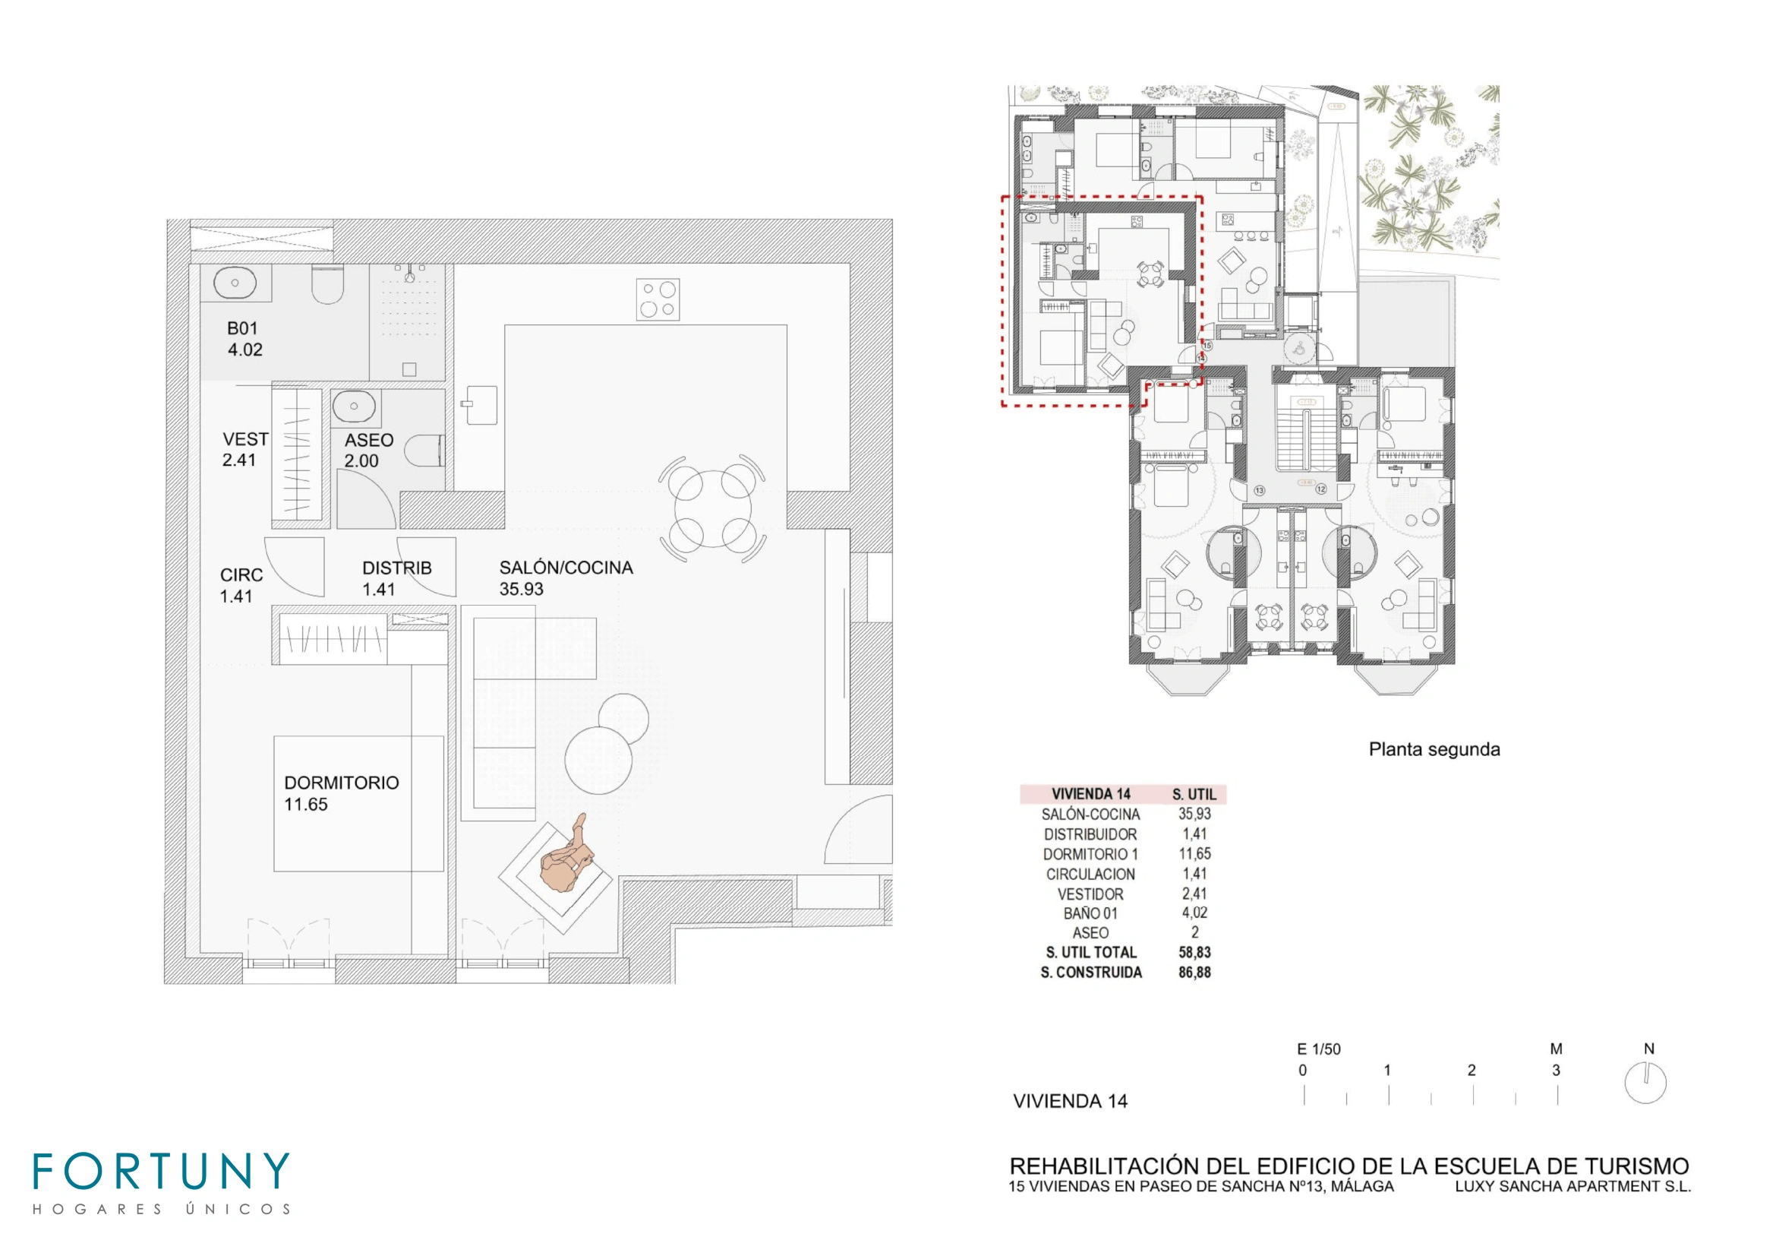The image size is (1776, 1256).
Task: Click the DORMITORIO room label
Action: tap(341, 783)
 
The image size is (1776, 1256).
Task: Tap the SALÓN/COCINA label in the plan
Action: tap(566, 568)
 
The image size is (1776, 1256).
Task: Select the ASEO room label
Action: tap(369, 441)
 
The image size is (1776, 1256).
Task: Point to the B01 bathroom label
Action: tap(242, 328)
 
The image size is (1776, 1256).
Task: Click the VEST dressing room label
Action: tap(245, 438)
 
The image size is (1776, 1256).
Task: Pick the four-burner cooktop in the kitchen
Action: tap(658, 299)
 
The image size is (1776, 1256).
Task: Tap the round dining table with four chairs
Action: tap(712, 508)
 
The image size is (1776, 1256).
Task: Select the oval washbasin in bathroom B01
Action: tap(235, 283)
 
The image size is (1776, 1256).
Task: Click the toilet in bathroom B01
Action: tap(327, 284)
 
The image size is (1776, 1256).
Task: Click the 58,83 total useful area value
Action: tap(1194, 953)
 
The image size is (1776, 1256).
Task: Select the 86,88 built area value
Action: tap(1194, 973)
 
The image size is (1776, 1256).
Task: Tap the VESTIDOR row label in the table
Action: tap(1090, 894)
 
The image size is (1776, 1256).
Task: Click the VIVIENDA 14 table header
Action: tap(1090, 794)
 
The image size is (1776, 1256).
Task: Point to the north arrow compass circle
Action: tap(1645, 1083)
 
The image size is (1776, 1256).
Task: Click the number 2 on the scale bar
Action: tap(1472, 1071)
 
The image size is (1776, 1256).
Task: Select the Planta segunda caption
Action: tap(1434, 749)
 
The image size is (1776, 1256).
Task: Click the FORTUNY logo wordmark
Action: tap(161, 1171)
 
